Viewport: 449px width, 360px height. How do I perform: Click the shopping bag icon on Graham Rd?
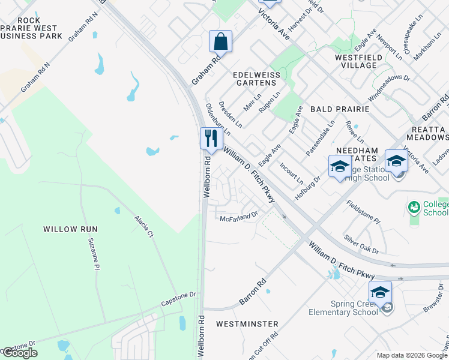click(220, 42)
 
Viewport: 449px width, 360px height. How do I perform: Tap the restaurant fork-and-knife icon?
click(211, 139)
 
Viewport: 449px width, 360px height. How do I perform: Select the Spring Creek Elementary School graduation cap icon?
click(379, 292)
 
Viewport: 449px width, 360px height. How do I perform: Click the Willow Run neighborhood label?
click(70, 229)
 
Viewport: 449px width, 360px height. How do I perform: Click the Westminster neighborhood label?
click(247, 324)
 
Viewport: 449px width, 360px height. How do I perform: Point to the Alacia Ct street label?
click(143, 226)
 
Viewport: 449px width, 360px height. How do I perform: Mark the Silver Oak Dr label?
click(361, 243)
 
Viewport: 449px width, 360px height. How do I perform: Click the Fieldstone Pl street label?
click(364, 212)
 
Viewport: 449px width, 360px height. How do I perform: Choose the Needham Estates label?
click(355, 154)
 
